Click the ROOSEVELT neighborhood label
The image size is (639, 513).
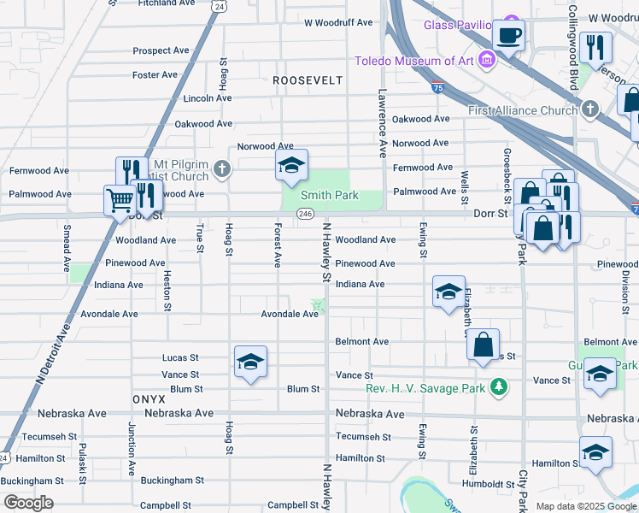[308, 80]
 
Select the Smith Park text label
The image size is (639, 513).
[328, 196]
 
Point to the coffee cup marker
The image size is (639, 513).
[509, 36]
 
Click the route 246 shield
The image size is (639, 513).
[306, 214]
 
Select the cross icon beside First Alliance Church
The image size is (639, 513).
[591, 109]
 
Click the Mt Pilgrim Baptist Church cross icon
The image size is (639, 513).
[222, 168]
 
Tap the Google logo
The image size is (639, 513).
[28, 503]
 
